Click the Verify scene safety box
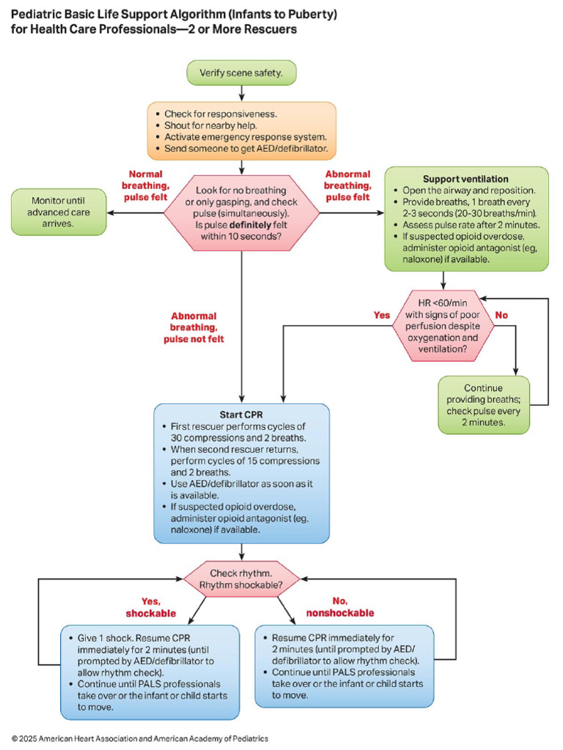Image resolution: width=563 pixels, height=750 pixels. coord(240,73)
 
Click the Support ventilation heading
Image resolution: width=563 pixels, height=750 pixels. coord(466,179)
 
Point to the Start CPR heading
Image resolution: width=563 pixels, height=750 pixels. coord(241,415)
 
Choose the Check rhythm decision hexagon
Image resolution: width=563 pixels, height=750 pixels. coord(241,579)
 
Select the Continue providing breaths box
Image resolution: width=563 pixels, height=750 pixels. coord(483,404)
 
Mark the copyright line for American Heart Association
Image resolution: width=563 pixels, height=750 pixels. coord(139,738)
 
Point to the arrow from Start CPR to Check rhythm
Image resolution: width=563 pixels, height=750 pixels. coord(241,553)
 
